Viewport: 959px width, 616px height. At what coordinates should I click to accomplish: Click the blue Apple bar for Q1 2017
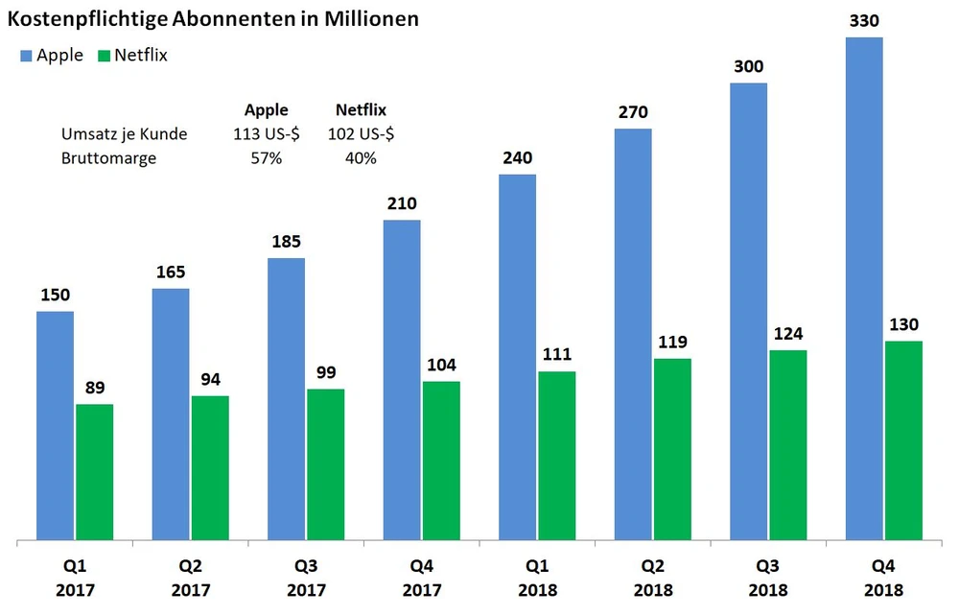point(56,425)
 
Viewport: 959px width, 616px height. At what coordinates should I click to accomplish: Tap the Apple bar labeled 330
point(864,288)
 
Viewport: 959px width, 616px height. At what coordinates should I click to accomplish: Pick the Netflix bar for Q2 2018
point(672,448)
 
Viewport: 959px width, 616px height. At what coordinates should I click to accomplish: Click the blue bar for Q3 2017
point(287,398)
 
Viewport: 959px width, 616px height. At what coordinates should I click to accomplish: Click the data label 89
point(95,389)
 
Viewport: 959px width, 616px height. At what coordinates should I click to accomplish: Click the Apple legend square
point(26,56)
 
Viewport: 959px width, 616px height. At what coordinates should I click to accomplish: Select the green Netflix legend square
point(104,56)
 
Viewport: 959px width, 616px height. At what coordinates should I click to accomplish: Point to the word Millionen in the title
point(367,18)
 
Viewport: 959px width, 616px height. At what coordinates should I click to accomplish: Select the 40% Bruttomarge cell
point(361,158)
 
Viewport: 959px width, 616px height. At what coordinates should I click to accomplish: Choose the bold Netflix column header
point(361,110)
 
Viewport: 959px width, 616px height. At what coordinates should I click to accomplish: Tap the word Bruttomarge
point(108,158)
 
